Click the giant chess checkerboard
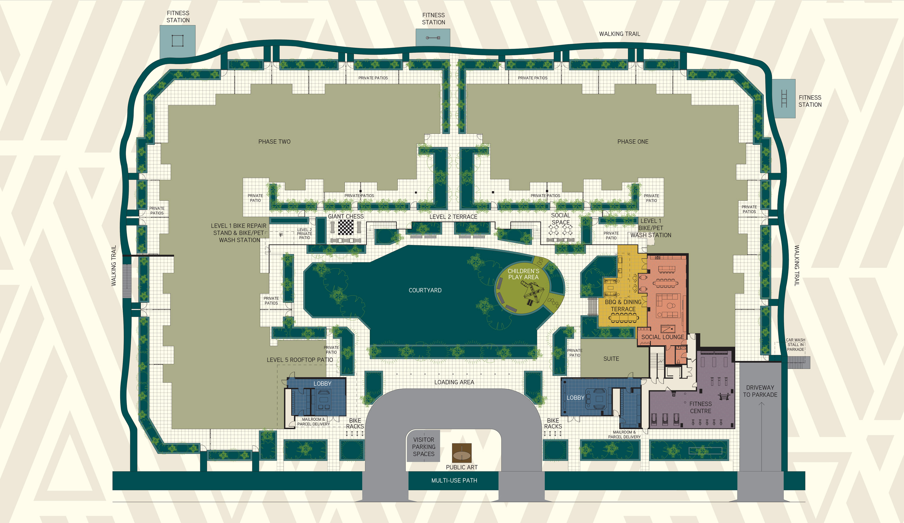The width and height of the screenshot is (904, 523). (x=346, y=227)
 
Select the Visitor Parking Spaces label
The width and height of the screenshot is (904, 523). (x=423, y=447)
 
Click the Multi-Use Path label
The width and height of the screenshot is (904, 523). (x=454, y=480)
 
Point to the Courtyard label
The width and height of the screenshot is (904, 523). (x=425, y=290)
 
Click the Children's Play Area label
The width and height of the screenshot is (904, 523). (x=523, y=274)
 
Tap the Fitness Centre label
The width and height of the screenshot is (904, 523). (x=700, y=408)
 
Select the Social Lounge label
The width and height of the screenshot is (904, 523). (x=662, y=337)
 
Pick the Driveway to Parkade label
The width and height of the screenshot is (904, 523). (x=760, y=391)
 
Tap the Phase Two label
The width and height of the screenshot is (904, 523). (x=274, y=141)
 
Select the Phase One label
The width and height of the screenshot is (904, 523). (x=632, y=141)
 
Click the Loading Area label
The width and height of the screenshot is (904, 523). (x=454, y=382)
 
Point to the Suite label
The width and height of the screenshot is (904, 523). (x=611, y=359)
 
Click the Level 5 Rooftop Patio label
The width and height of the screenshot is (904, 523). (x=299, y=360)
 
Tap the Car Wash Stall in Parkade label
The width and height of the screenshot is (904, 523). (x=795, y=344)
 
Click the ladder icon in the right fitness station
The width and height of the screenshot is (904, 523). (x=784, y=98)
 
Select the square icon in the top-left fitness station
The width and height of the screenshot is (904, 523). (x=178, y=40)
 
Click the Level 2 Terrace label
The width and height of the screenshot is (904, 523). (x=453, y=217)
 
